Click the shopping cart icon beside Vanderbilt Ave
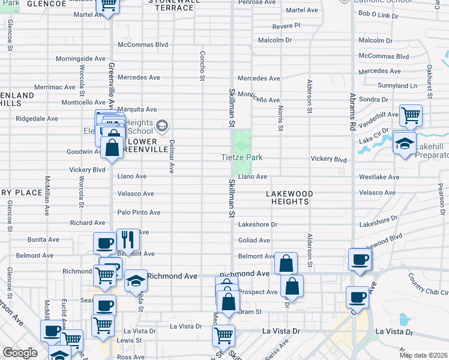tap(411, 115)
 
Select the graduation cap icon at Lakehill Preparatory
tap(405, 143)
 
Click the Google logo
tap(20, 353)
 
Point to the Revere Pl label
tap(286, 26)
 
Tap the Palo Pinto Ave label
tap(139, 212)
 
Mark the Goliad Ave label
tap(254, 241)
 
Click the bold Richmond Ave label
tap(172, 277)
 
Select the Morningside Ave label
tap(80, 59)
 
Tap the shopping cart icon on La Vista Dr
tap(224, 334)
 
